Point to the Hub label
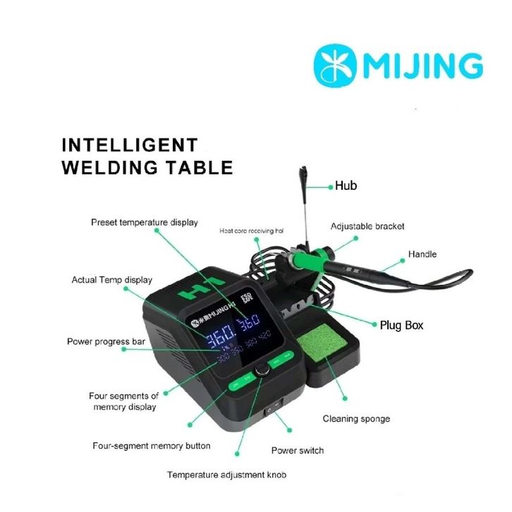(x=346, y=186)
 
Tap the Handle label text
(x=422, y=254)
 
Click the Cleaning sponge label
(x=356, y=419)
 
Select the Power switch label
(x=298, y=450)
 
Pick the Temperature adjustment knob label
(x=226, y=475)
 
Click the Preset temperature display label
(x=145, y=222)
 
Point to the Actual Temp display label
(x=111, y=280)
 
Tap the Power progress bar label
(x=106, y=341)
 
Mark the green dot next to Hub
(x=330, y=187)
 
